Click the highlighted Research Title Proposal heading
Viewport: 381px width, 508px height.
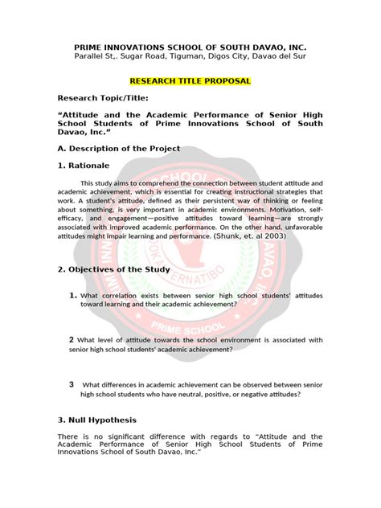click(190, 82)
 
